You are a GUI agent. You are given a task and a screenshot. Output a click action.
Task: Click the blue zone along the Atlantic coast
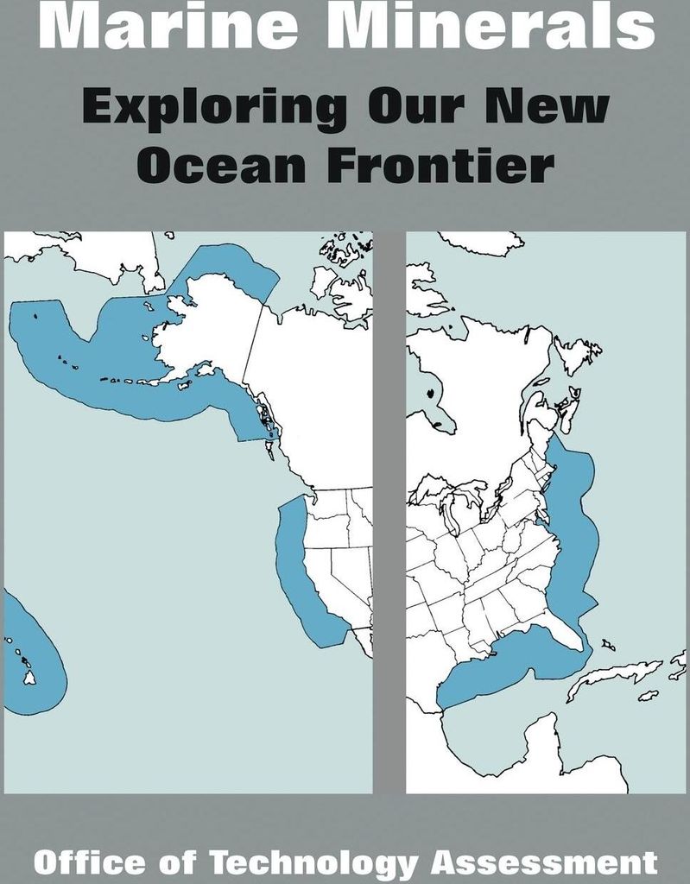pos(574,518)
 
